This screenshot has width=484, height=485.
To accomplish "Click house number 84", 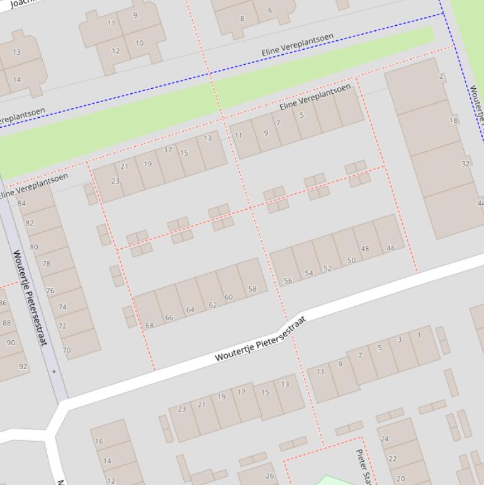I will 21,203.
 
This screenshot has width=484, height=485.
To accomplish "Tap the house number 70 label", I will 67,350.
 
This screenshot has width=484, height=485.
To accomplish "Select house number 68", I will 150,326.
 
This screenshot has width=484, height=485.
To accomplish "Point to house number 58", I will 252,289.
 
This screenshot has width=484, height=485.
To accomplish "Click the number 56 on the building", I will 288,281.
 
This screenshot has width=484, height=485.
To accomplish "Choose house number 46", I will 391,248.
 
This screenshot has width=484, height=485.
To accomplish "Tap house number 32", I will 465,164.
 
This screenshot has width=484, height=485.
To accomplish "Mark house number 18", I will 453,120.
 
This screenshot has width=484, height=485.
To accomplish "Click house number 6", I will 270,10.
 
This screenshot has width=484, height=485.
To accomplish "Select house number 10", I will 139,43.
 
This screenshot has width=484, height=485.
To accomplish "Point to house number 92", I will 23,366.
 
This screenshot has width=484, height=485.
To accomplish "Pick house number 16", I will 99,442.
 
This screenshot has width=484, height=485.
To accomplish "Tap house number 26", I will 269,476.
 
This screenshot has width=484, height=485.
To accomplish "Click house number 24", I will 385,439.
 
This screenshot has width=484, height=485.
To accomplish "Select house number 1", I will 419,335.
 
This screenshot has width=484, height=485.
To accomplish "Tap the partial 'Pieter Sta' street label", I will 363,466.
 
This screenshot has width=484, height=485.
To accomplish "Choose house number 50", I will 351,260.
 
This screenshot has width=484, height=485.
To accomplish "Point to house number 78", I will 46,264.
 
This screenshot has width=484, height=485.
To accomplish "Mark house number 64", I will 190,310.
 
